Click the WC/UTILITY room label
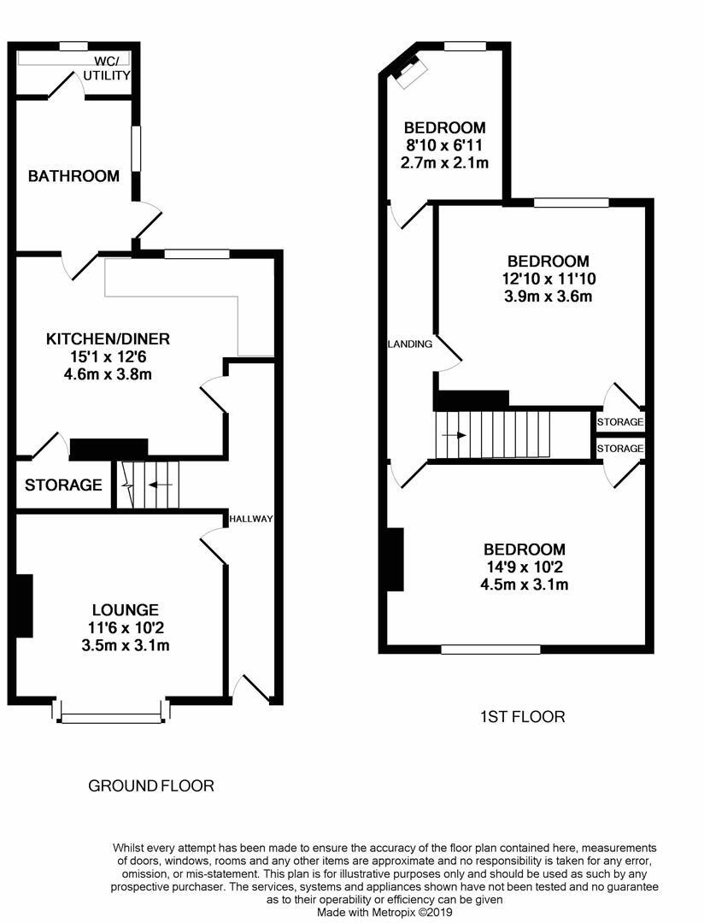[107, 68]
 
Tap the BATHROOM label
[73, 176]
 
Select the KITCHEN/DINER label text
[108, 338]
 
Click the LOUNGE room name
[126, 609]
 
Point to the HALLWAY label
[250, 519]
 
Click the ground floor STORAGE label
[63, 485]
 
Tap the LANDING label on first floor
[410, 344]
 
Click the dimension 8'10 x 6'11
[446, 145]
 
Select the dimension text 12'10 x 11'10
[548, 279]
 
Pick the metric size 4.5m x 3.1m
[525, 585]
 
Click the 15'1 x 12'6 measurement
[108, 356]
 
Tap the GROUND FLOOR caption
[151, 785]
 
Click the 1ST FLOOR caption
[522, 716]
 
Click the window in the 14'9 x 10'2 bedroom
[490, 650]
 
